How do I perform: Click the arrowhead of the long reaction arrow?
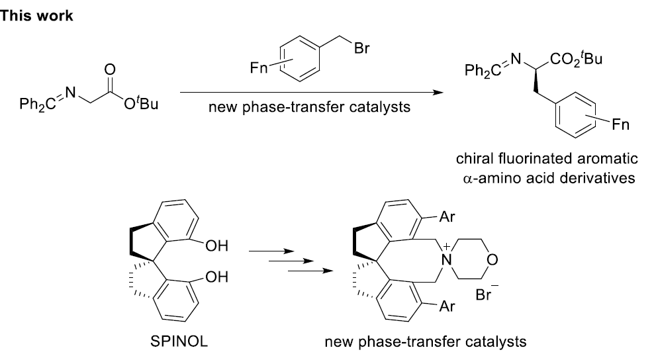pos(438,93)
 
